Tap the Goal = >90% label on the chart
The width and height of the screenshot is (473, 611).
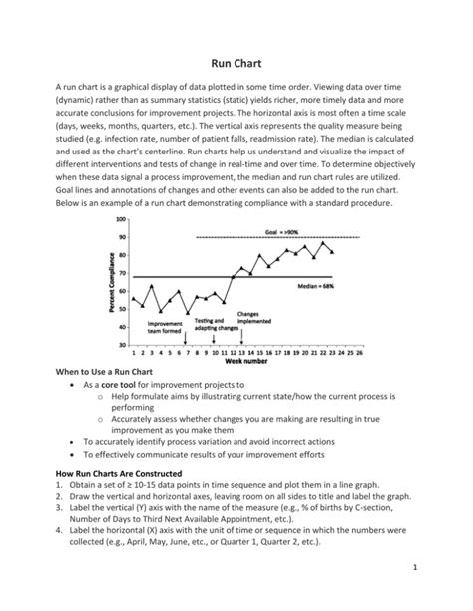(284, 230)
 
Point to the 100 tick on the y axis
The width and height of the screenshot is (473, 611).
(121, 219)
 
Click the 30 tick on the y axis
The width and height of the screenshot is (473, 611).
(123, 344)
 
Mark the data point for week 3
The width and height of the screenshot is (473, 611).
(151, 285)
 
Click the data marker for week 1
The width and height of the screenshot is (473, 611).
(133, 297)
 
